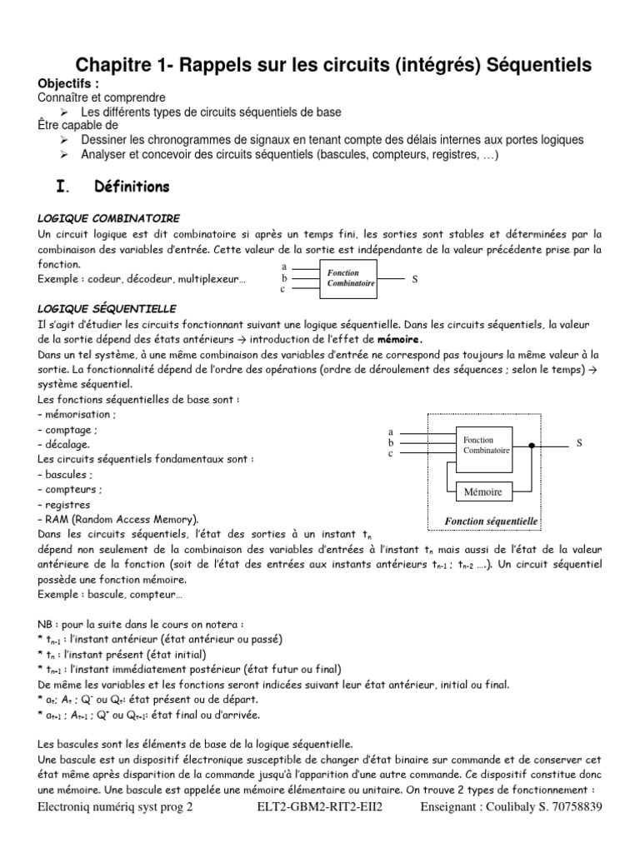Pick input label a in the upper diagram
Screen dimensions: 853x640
click(x=284, y=267)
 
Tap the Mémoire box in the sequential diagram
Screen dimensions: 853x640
click(x=483, y=492)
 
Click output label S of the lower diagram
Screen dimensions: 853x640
click(x=578, y=444)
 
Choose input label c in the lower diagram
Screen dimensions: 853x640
click(x=390, y=454)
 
